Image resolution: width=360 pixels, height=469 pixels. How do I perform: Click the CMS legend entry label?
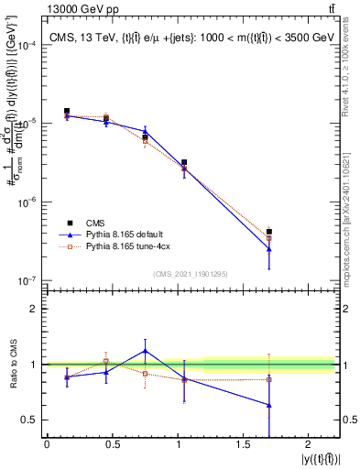coord(94,223)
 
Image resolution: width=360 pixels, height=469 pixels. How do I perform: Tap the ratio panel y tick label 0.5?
coord(33,420)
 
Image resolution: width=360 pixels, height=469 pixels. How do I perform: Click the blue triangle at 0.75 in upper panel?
coord(145,131)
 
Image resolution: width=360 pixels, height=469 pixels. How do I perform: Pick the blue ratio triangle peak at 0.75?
coord(145,351)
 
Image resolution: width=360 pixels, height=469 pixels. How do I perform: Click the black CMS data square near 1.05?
coord(184,162)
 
